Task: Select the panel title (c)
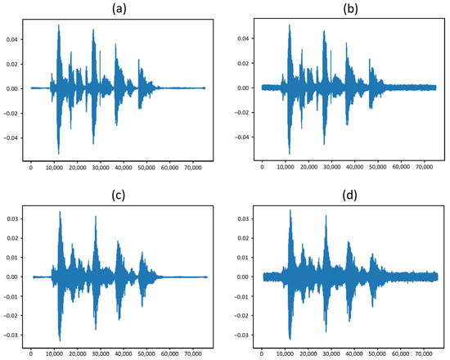(x=117, y=196)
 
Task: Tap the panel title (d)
(x=349, y=196)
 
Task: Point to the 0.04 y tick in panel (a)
(x=11, y=38)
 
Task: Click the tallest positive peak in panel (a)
(x=58, y=25)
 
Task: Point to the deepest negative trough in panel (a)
(x=58, y=153)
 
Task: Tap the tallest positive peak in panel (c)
(x=60, y=212)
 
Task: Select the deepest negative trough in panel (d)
(x=290, y=339)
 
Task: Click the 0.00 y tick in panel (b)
(x=243, y=88)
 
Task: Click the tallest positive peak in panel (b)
(x=289, y=25)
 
